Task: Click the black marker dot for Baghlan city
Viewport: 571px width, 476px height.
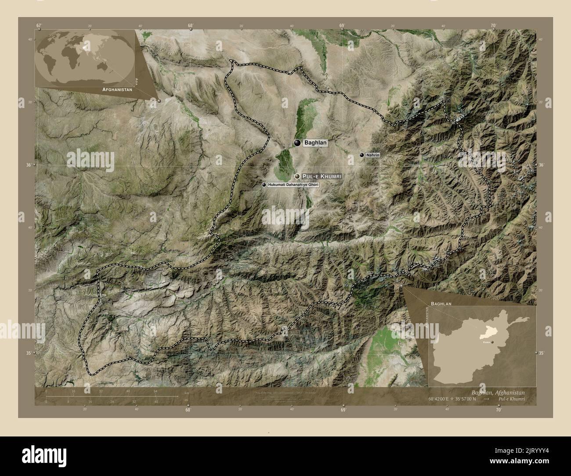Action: (297, 143)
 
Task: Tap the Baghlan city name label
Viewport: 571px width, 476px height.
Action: (315, 143)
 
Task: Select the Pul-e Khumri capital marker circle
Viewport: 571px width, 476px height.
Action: (297, 176)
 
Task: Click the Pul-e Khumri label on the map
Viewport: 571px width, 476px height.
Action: (322, 176)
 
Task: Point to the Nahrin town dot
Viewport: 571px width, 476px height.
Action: (361, 155)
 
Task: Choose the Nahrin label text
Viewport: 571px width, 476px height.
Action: (373, 155)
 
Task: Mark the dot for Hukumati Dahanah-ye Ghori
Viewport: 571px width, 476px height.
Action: (264, 185)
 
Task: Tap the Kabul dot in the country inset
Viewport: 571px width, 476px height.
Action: (493, 342)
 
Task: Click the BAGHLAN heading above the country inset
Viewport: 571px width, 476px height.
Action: (441, 303)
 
